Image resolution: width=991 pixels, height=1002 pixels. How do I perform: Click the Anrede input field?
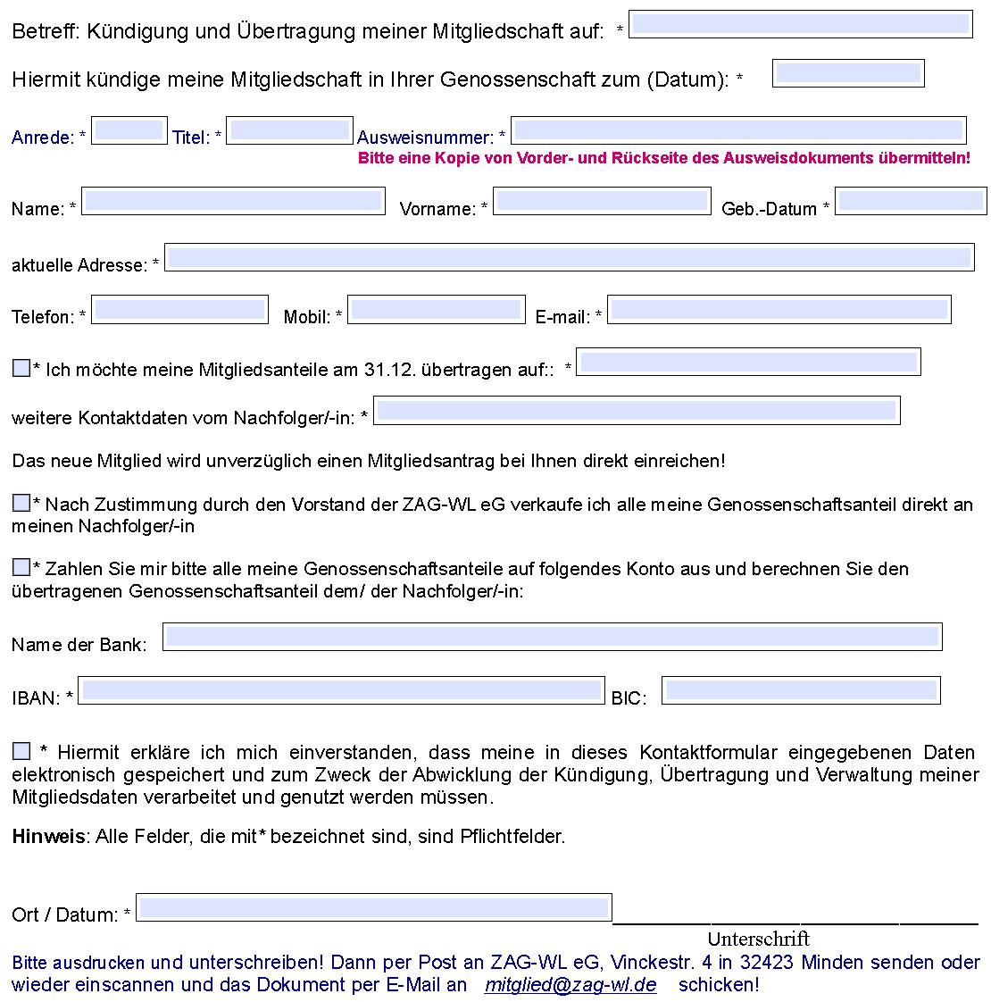coord(129,130)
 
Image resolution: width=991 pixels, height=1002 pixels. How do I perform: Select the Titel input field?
coord(289,130)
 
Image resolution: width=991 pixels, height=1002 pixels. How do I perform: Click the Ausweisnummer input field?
coord(738,130)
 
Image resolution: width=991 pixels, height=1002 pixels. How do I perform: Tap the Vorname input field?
coord(602,201)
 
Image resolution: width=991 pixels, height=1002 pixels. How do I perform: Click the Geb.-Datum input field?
coord(911,201)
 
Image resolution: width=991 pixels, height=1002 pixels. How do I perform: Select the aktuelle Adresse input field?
coord(569,257)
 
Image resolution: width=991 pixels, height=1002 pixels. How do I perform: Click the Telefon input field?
coord(180,310)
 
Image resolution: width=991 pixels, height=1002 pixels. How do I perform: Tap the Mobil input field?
coord(436,310)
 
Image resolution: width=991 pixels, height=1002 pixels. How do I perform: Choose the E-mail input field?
coord(779,310)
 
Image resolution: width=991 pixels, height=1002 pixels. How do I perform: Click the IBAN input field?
coord(342,690)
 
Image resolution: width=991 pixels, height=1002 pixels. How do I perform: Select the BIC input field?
coord(801,690)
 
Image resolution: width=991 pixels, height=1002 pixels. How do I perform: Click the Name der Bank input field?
coord(552,637)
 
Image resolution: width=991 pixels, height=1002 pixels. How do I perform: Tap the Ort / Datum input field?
coord(373,907)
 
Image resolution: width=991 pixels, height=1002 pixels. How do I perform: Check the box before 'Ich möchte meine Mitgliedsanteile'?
coord(21,368)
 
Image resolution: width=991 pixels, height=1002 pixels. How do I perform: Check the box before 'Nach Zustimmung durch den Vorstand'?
coord(21,503)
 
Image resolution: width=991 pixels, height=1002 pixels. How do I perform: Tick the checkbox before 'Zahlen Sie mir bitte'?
coord(21,567)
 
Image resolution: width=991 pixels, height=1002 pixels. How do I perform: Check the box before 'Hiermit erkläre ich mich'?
coord(21,751)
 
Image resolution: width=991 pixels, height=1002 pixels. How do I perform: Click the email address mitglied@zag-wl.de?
coord(570,985)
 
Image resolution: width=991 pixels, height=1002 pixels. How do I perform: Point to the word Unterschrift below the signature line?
coord(758,939)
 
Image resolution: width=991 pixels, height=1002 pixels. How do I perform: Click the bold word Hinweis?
coord(48,837)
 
